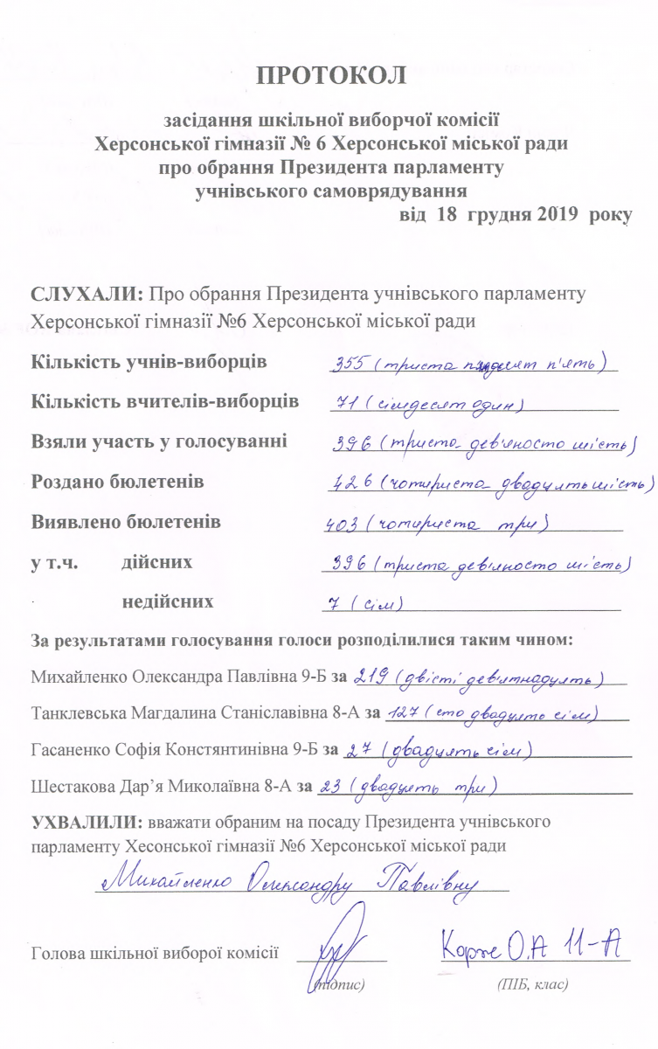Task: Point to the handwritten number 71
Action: tap(344, 405)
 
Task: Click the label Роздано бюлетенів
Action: tap(117, 482)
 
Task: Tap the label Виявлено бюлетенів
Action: tap(125, 522)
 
